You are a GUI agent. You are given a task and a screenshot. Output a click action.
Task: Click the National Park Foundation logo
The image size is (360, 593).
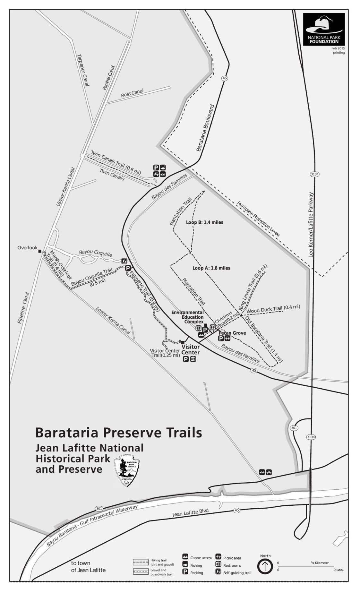click(324, 29)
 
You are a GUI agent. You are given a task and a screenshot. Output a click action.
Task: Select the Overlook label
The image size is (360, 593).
click(28, 248)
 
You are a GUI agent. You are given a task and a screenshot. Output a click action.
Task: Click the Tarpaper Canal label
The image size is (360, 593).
click(83, 69)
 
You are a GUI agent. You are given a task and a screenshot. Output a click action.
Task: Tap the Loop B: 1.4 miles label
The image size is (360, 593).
click(204, 222)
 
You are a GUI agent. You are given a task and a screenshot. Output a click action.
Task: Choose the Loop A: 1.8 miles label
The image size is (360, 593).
click(211, 268)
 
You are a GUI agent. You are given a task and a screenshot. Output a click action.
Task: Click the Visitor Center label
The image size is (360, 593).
click(191, 349)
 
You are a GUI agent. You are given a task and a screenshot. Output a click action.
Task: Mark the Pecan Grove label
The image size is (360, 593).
click(232, 333)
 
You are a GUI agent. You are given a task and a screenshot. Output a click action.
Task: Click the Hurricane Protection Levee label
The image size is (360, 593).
click(258, 219)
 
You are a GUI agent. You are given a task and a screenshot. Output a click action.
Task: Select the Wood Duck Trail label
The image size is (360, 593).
click(273, 309)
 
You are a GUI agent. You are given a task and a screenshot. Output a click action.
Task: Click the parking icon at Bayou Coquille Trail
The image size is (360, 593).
click(128, 268)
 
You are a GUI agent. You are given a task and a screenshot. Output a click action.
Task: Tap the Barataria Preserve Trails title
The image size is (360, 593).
click(119, 432)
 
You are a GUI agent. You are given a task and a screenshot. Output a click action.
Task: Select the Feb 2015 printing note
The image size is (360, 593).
click(338, 50)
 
